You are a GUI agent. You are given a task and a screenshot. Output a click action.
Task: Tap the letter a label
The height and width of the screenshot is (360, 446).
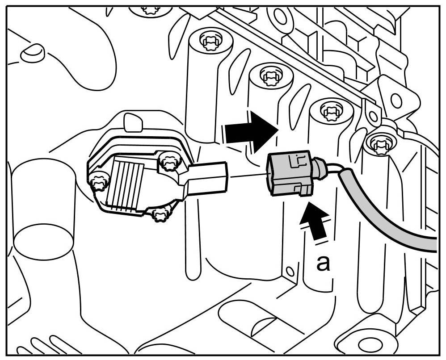pyautogui.click(x=323, y=263)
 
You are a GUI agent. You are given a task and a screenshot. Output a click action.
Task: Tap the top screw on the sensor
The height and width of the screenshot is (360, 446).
pyautogui.click(x=168, y=161)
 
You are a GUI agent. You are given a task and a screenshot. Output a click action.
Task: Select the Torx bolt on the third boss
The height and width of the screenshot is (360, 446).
pyautogui.click(x=330, y=109)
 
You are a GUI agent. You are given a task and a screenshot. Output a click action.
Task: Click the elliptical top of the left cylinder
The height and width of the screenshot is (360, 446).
pyautogui.click(x=43, y=241)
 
